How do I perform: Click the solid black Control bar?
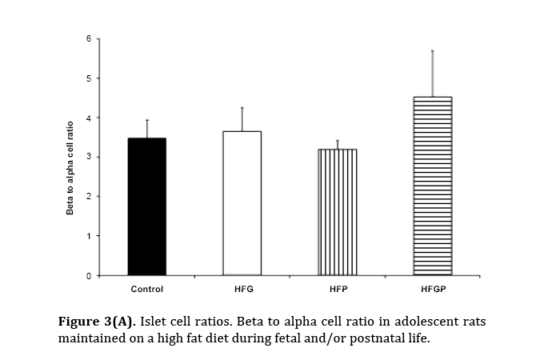(147, 206)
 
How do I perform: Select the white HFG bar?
(242, 203)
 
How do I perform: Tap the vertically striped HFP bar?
(337, 212)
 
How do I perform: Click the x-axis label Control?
(147, 289)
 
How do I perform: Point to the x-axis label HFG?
(242, 289)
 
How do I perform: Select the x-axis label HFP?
(337, 289)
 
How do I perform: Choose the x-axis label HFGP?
(432, 289)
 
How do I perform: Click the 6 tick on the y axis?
(90, 38)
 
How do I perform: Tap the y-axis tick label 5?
(90, 78)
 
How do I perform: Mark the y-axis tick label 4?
(90, 118)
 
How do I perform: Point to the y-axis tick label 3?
(90, 157)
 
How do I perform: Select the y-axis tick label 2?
(90, 197)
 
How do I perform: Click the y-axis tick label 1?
(90, 236)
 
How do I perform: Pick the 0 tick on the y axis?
(90, 275)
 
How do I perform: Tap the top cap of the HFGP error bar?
(432, 50)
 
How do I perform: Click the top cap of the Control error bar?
(147, 120)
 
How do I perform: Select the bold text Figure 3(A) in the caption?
(98, 322)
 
